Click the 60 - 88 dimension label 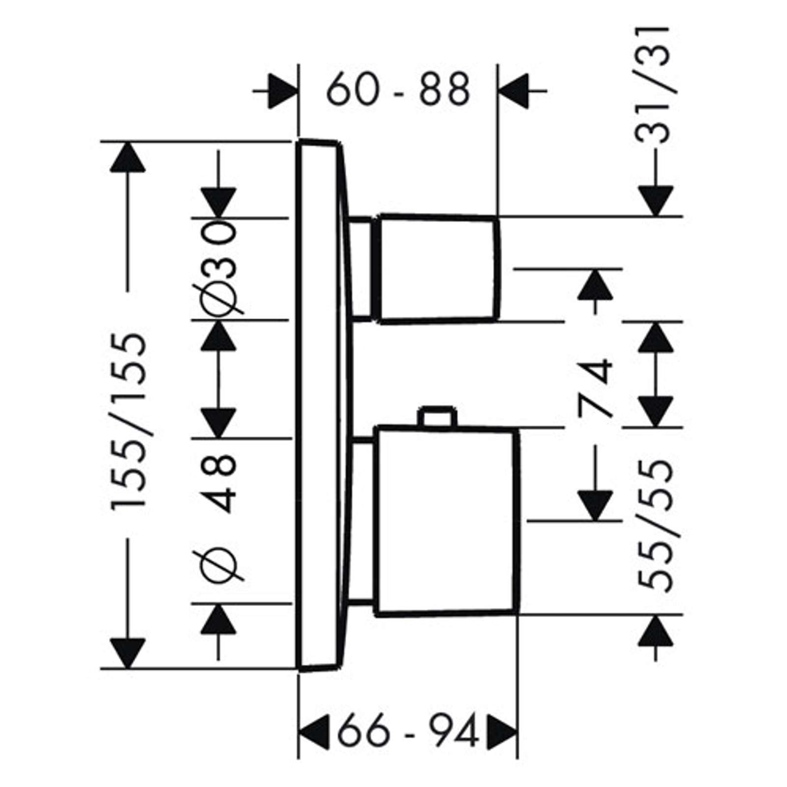click(x=398, y=90)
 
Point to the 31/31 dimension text click(x=653, y=84)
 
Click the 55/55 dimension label click(x=655, y=525)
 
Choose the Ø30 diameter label click(x=218, y=267)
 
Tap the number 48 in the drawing click(x=218, y=484)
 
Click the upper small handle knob click(x=438, y=269)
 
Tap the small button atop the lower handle click(x=437, y=416)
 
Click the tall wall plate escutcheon click(x=325, y=405)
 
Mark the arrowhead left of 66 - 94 click(x=313, y=732)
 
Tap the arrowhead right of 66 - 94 click(x=502, y=732)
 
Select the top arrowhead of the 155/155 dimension click(x=128, y=157)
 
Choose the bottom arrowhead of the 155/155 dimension click(x=128, y=654)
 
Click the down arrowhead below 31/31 click(x=655, y=201)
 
